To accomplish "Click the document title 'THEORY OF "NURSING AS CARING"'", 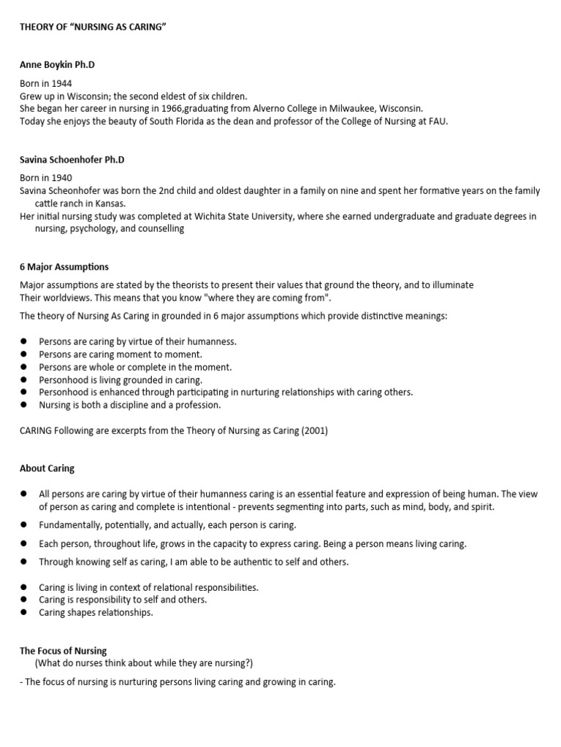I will point(94,27).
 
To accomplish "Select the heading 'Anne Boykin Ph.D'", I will point(57,65).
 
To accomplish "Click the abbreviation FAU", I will point(435,120).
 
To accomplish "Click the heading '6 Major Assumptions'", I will point(64,267).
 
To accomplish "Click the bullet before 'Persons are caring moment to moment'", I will point(23,355).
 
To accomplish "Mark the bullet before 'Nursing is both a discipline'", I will point(23,405).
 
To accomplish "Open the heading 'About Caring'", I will point(47,468).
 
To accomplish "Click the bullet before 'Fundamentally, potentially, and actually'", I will point(23,525).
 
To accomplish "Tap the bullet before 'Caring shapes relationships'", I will point(23,613).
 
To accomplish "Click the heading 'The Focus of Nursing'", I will point(64,651).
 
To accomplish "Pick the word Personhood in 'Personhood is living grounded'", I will point(64,380).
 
